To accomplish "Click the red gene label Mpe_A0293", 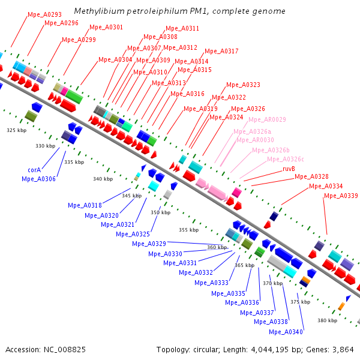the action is pyautogui.click(x=45, y=14).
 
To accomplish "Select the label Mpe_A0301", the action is pyautogui.click(x=106, y=28).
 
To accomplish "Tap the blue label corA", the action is pyautogui.click(x=34, y=170).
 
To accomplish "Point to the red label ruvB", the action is pyautogui.click(x=289, y=169).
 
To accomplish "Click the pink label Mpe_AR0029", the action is pyautogui.click(x=267, y=119).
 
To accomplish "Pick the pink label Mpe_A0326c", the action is pyautogui.click(x=286, y=159).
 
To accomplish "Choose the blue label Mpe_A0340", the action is pyautogui.click(x=286, y=332).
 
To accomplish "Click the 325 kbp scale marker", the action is pyautogui.click(x=17, y=130).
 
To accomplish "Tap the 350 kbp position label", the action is pyautogui.click(x=160, y=212).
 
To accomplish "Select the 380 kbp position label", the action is pyautogui.click(x=328, y=320).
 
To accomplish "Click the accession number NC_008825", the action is pyautogui.click(x=65, y=350).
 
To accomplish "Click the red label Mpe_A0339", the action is pyautogui.click(x=341, y=196).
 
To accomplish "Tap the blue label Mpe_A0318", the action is pyautogui.click(x=85, y=205).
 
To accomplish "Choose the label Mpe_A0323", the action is pyautogui.click(x=244, y=85).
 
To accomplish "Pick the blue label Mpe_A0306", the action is pyautogui.click(x=38, y=179).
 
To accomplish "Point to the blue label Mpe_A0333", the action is pyautogui.click(x=211, y=283).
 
